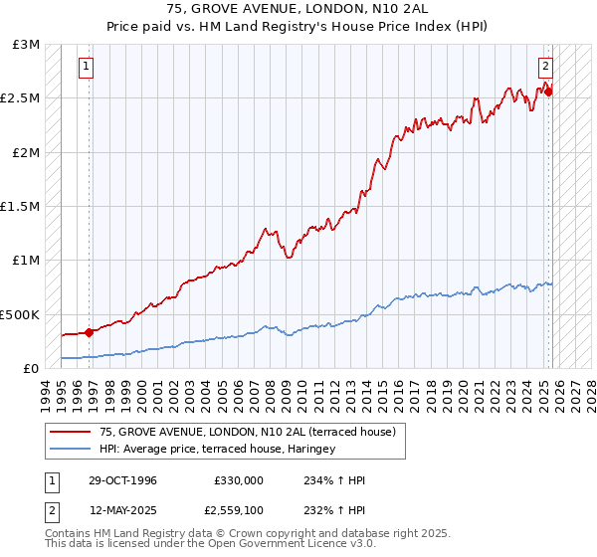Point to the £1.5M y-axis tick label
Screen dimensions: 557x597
(22, 206)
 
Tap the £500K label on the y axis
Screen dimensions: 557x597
(20, 313)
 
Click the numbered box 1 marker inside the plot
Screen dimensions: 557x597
(87, 67)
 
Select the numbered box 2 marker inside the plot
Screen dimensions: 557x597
(546, 67)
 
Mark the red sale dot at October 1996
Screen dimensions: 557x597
(90, 332)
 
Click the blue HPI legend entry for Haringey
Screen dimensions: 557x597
(217, 449)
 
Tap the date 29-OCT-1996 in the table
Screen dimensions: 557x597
(118, 480)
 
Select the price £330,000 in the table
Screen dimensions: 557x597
(238, 480)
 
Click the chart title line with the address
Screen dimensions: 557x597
(298, 9)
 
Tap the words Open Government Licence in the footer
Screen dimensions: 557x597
(271, 544)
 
